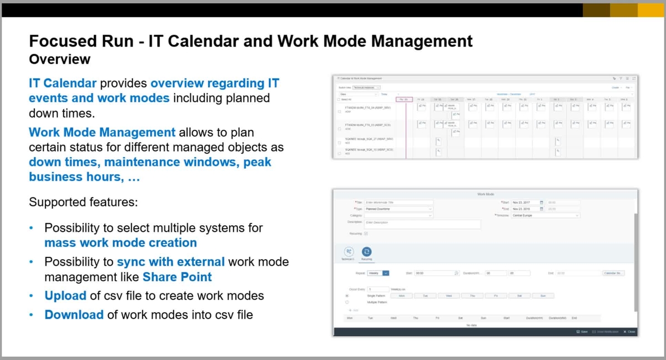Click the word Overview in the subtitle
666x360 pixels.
point(59,59)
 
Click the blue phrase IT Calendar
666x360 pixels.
point(63,84)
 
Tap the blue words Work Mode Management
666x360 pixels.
point(102,133)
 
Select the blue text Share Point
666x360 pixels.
point(177,276)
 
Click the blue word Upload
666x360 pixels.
point(65,296)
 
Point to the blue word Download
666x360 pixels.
point(74,315)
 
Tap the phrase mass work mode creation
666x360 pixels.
point(120,242)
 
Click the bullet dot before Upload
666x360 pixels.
point(32,296)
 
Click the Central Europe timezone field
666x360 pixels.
point(545,215)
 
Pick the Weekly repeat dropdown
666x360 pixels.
point(379,273)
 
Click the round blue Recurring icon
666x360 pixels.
point(366,252)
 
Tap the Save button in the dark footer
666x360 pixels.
point(582,332)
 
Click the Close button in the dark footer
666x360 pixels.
point(629,332)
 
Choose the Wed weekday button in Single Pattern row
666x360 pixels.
point(448,296)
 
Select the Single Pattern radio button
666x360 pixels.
point(347,296)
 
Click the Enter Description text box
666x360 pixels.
point(422,224)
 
